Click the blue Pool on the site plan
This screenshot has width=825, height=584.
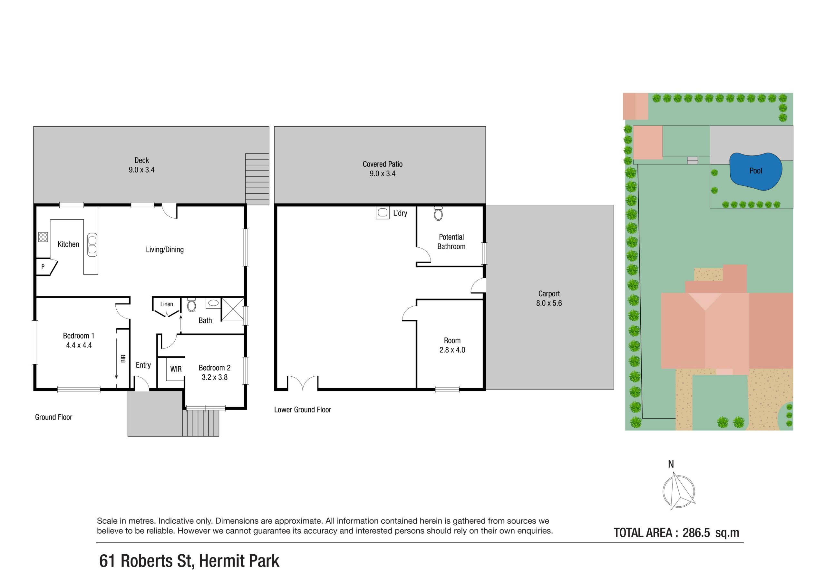(755, 172)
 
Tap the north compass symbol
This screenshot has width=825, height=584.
(678, 491)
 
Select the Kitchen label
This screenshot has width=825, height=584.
(68, 244)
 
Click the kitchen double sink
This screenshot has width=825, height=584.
(92, 245)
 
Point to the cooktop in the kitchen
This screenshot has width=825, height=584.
(43, 237)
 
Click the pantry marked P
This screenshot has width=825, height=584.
(44, 267)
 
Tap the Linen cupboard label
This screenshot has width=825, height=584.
(167, 304)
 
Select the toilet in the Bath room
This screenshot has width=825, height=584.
(191, 305)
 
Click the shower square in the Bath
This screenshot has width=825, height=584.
(233, 309)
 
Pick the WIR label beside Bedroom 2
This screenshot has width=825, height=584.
(176, 369)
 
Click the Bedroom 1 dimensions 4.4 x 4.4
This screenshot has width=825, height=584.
(79, 346)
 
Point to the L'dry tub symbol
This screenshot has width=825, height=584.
(383, 213)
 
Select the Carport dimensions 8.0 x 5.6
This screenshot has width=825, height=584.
(549, 303)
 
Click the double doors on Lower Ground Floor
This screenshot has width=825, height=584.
(303, 383)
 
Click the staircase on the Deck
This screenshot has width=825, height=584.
(257, 179)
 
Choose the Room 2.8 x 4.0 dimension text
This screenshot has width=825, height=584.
(452, 350)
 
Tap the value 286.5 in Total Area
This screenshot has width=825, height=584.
(696, 533)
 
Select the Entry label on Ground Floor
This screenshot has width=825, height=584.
(143, 365)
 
